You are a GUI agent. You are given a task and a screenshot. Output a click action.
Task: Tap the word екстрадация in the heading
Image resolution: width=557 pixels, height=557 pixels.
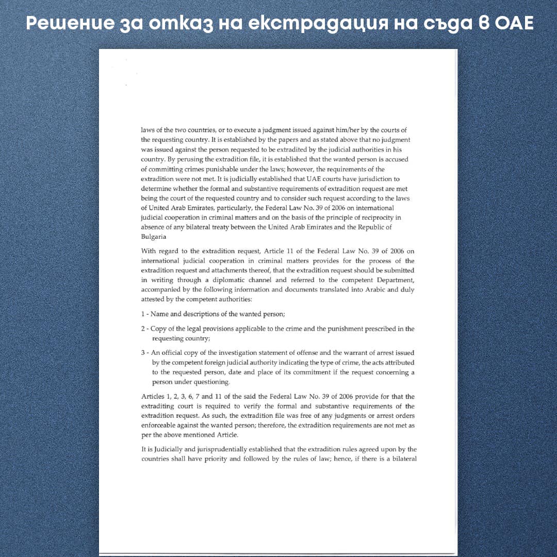click(296, 23)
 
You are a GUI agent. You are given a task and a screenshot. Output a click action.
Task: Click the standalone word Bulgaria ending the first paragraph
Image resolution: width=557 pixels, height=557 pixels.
click(154, 237)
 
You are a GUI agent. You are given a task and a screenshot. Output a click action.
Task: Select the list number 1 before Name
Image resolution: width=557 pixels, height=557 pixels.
click(143, 314)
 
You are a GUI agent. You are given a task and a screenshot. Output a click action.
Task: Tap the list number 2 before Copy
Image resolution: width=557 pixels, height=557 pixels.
click(143, 329)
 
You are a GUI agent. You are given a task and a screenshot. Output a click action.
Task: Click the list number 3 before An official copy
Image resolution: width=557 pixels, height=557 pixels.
click(143, 353)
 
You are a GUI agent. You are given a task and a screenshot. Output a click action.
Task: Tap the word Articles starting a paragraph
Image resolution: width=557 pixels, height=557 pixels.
click(154, 397)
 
